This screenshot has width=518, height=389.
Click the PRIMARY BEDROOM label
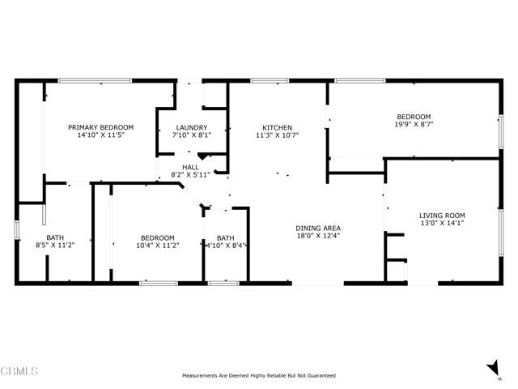click(100, 127)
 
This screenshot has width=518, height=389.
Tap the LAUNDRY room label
click(193, 127)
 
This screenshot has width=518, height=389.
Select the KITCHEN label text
click(277, 127)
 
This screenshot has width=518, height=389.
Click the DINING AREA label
click(317, 228)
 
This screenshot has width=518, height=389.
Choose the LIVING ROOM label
click(442, 215)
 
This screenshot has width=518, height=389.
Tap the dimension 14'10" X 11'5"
click(100, 135)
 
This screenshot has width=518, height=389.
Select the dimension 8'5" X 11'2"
click(55, 246)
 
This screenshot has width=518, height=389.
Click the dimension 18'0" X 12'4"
click(317, 236)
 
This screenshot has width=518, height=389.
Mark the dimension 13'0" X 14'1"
click(442, 224)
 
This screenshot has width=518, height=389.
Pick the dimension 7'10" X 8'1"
click(193, 135)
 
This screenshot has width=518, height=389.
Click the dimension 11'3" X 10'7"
click(277, 135)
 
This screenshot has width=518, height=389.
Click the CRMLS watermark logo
click(20, 371)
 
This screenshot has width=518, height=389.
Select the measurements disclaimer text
click(258, 375)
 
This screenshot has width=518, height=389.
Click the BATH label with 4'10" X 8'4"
click(225, 237)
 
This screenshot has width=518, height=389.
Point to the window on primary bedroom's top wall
click(84, 80)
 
